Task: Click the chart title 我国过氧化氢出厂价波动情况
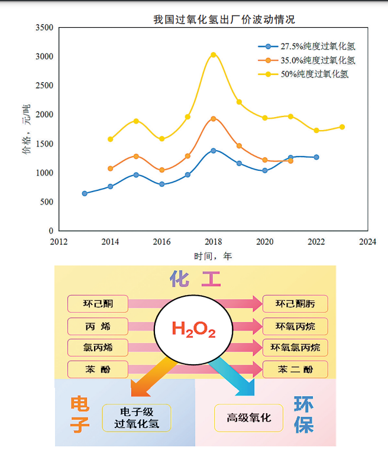click(224, 20)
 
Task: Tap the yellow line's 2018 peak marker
click(214, 55)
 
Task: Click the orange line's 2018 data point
click(214, 119)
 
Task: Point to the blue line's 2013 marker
click(85, 193)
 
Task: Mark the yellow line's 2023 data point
click(342, 127)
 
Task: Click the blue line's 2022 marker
click(316, 157)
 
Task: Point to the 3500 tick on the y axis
click(44, 28)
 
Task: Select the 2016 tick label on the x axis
click(161, 241)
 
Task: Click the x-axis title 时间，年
click(213, 256)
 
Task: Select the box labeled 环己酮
click(98, 304)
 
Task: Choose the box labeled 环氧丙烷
click(295, 326)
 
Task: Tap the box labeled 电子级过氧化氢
click(136, 418)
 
